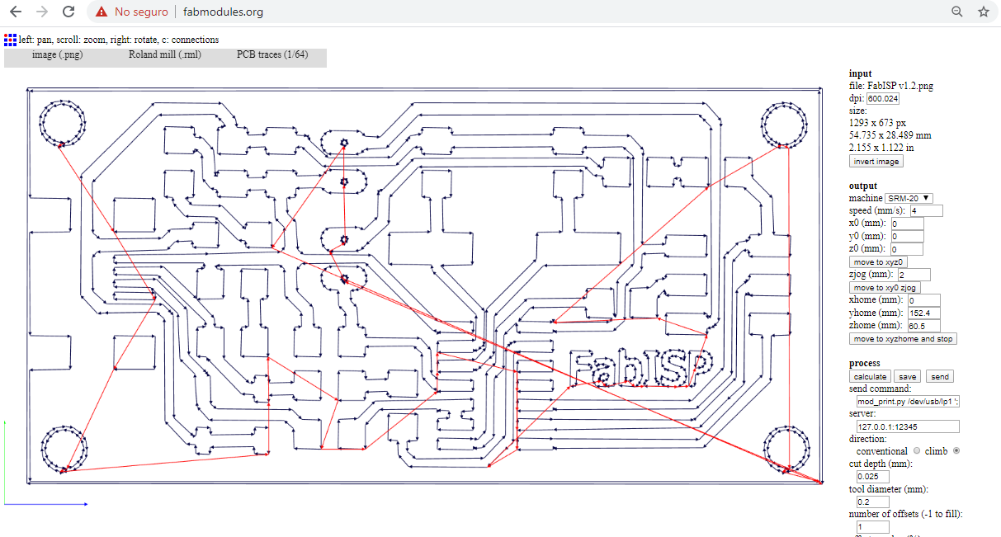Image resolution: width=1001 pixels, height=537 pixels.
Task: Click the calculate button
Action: (871, 376)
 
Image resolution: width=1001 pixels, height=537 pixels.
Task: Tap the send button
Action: (939, 376)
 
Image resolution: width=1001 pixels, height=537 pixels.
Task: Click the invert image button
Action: (876, 162)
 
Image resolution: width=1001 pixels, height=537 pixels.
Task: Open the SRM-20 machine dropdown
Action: (909, 198)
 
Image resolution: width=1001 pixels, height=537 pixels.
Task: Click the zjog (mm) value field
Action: (914, 275)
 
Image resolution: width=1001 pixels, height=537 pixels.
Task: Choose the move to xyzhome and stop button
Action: (903, 338)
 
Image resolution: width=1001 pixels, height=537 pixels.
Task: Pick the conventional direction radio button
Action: (916, 450)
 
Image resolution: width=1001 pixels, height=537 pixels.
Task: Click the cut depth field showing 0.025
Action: (872, 476)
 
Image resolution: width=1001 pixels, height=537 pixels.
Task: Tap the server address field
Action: (908, 426)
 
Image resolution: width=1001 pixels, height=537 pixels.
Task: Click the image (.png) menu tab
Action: (57, 55)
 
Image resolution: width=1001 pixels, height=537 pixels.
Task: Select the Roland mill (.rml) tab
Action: (164, 55)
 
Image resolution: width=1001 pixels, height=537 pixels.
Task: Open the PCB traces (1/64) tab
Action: (271, 55)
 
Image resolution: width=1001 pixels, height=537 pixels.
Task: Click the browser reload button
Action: (68, 12)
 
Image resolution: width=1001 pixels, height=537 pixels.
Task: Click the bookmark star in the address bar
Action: (983, 12)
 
